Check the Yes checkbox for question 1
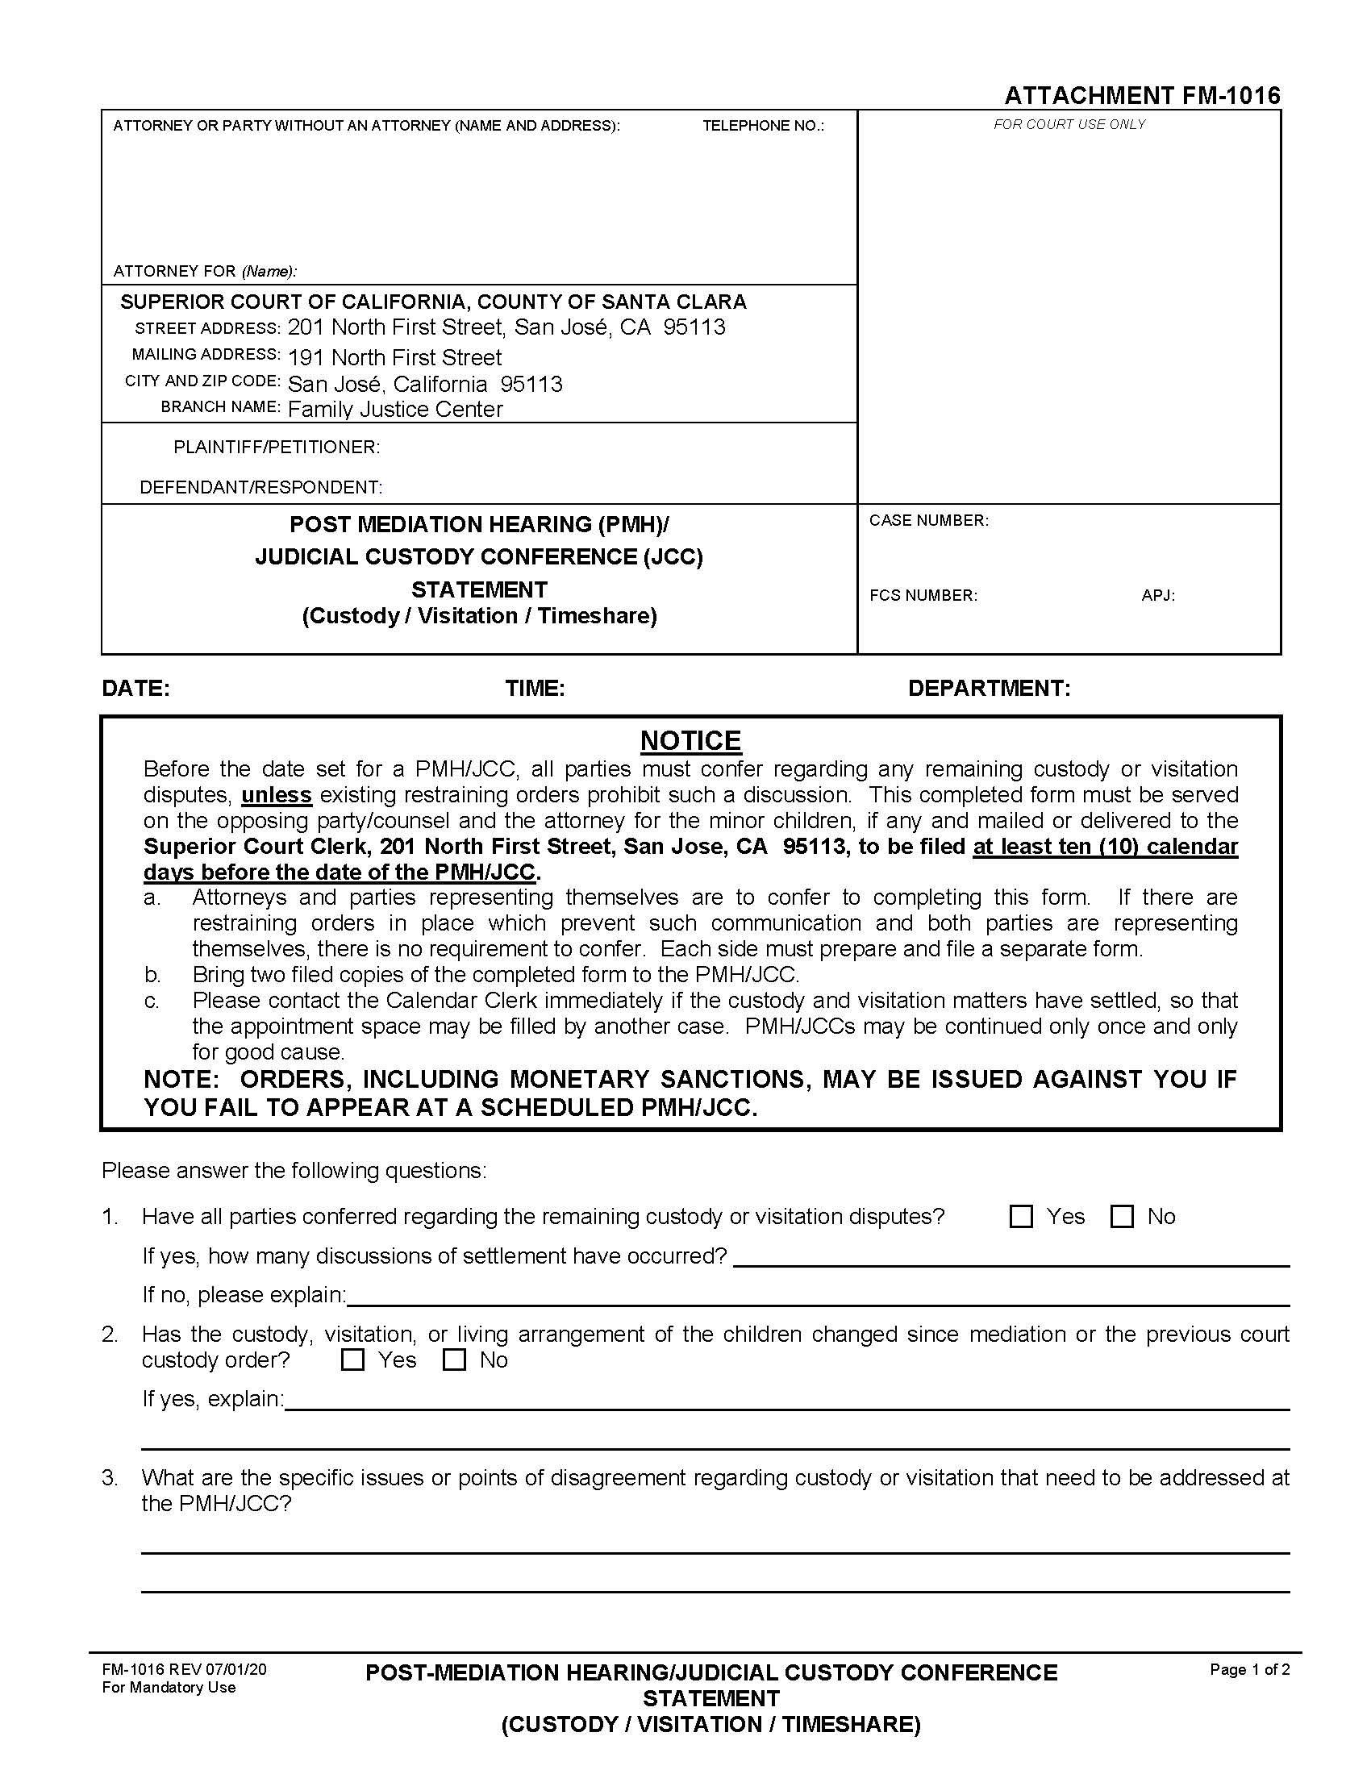(x=1020, y=1216)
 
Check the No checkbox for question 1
(x=1122, y=1216)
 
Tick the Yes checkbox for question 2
(x=352, y=1360)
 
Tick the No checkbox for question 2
(x=454, y=1360)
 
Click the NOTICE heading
(x=690, y=740)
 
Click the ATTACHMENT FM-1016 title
(x=1142, y=96)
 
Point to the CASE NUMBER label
(x=928, y=520)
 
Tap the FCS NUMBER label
(x=923, y=595)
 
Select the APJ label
(x=1157, y=595)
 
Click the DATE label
(x=135, y=688)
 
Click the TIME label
(x=535, y=688)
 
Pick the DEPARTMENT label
(x=989, y=688)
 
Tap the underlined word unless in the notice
(x=276, y=794)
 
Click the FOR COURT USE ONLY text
(x=1069, y=124)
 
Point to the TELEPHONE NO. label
(x=763, y=126)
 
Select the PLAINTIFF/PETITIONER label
(x=276, y=447)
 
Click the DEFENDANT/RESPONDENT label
(x=260, y=487)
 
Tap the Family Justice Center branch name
(x=395, y=409)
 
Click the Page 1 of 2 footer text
(x=1249, y=1669)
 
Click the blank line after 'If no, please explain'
(x=816, y=1295)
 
